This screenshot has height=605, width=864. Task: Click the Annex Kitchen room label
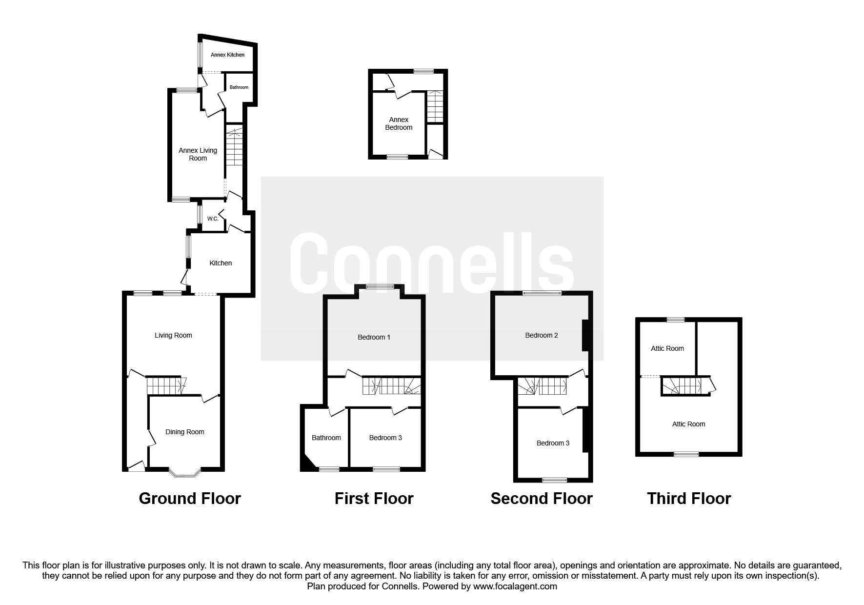point(227,55)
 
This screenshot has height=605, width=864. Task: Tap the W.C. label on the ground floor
point(213,219)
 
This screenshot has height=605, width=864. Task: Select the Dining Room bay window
point(184,472)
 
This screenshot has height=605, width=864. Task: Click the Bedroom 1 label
point(374,337)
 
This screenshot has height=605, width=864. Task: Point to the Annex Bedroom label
point(399,123)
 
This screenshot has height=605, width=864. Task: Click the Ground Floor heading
point(190,498)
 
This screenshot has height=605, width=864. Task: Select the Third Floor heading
point(688,498)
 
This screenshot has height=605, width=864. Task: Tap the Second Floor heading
point(541,498)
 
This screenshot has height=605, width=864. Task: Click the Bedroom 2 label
point(541,335)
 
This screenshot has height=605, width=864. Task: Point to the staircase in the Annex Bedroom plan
point(435,106)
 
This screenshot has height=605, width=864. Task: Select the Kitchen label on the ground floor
point(221,263)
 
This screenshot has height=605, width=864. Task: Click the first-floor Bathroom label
point(326,438)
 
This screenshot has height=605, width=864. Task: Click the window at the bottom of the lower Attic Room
point(686,454)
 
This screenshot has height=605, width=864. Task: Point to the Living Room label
point(173,335)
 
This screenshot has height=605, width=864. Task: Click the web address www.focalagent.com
point(515,586)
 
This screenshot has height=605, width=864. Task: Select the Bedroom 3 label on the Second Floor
point(553,443)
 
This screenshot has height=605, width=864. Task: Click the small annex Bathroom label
point(239,87)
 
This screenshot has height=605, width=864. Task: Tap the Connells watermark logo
point(432,263)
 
